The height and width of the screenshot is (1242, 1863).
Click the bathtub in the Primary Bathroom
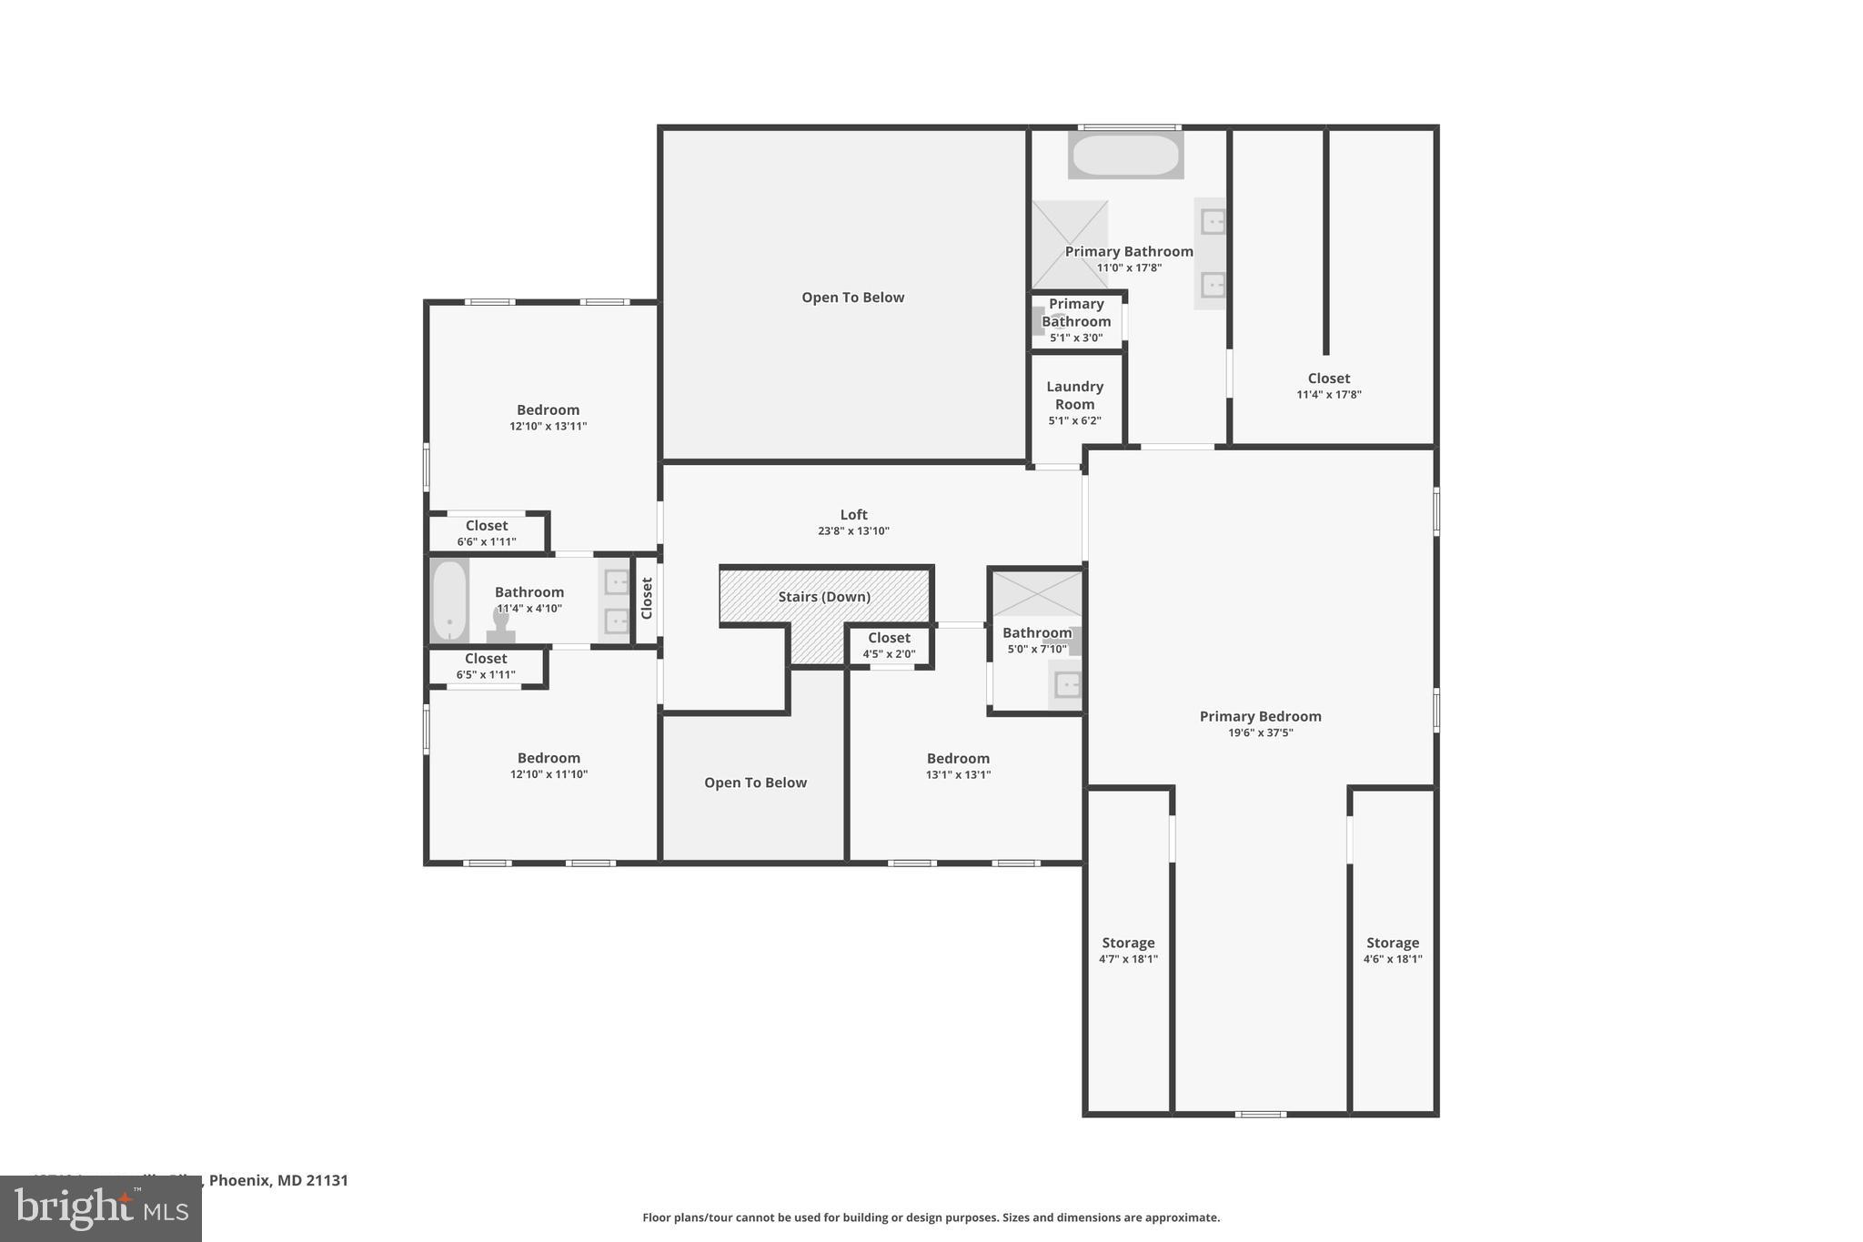tap(1125, 156)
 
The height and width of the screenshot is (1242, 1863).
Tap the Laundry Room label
tap(1074, 396)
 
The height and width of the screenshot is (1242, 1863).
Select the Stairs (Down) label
tap(824, 597)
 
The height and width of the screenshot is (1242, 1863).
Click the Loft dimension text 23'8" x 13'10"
tap(853, 531)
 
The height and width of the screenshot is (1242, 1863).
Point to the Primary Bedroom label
tap(1260, 717)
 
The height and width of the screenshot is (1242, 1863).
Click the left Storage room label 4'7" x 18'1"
tap(1128, 950)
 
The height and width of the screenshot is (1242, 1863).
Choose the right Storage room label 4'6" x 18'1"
tap(1392, 950)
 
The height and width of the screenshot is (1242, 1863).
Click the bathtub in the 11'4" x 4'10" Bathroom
tap(448, 601)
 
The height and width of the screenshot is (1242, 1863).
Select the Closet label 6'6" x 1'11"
tap(487, 533)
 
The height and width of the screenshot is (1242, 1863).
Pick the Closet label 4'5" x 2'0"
tap(889, 645)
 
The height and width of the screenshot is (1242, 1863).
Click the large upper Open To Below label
tap(852, 298)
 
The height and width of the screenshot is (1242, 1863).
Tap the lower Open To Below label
tap(755, 783)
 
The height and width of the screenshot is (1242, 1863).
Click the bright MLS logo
tap(100, 1208)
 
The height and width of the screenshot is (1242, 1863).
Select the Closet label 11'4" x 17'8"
tap(1328, 386)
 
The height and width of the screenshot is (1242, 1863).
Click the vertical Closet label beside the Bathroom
tap(647, 599)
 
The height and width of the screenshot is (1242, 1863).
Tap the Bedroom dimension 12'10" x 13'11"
tap(548, 427)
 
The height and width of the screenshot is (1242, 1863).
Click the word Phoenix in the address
tap(239, 1180)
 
